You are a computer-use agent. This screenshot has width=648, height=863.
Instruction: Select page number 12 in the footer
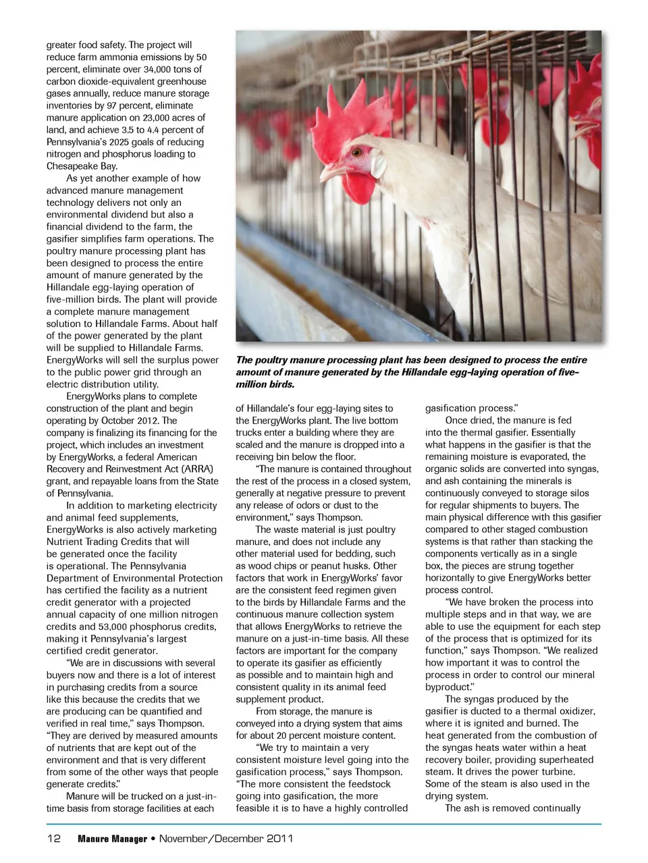tap(54, 839)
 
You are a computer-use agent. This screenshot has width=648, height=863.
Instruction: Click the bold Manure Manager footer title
tap(112, 839)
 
